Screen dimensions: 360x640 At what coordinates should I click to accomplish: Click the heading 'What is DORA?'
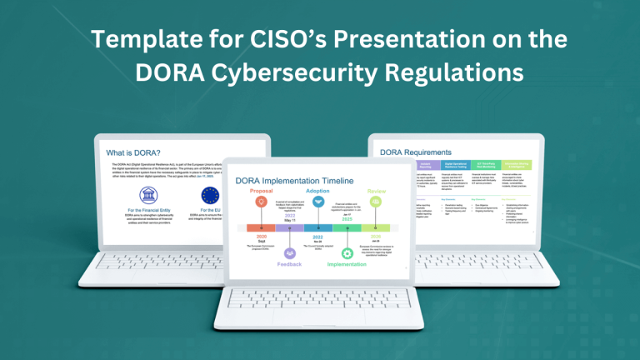click(136, 153)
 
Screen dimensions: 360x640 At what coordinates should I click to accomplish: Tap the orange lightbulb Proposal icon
click(262, 202)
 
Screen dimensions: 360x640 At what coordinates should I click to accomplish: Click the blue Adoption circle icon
click(317, 202)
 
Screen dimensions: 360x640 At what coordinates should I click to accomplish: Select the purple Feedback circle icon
click(290, 252)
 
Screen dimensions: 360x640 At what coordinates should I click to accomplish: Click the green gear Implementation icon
click(346, 252)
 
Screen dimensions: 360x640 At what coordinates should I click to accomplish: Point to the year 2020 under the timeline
click(261, 236)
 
